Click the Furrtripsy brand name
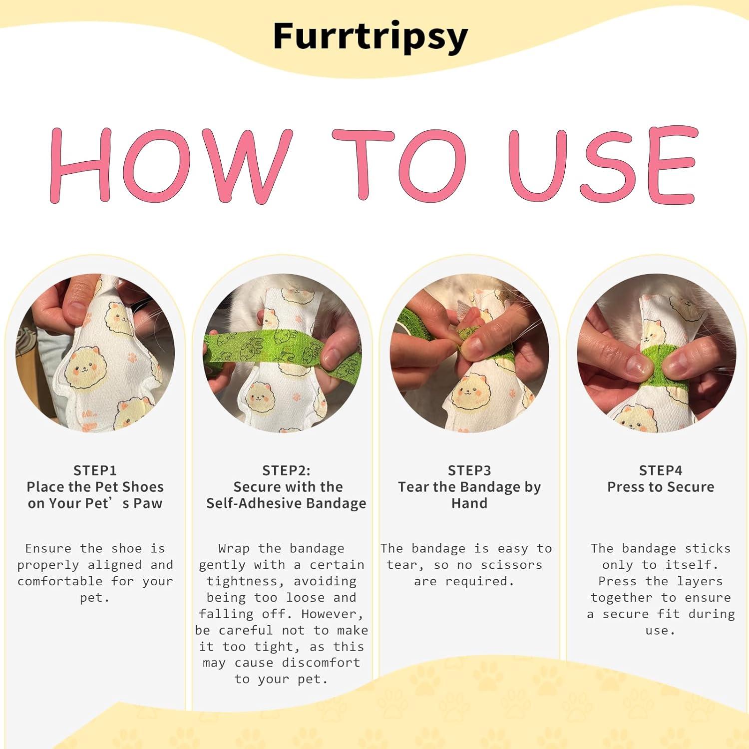[370, 36]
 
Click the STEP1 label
[95, 470]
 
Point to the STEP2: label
[286, 470]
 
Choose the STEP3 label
[469, 470]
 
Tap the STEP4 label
[660, 470]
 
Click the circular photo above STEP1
[95, 353]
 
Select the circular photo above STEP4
[657, 353]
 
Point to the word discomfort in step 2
[321, 663]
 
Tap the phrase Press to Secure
[660, 487]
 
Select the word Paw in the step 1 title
[148, 503]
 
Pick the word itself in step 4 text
[691, 565]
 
